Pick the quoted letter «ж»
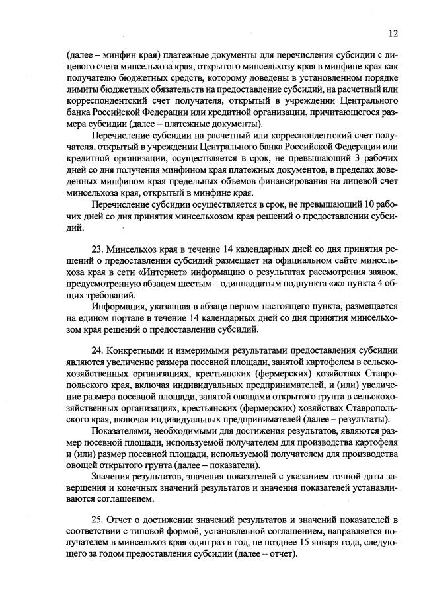coord(309,284)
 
